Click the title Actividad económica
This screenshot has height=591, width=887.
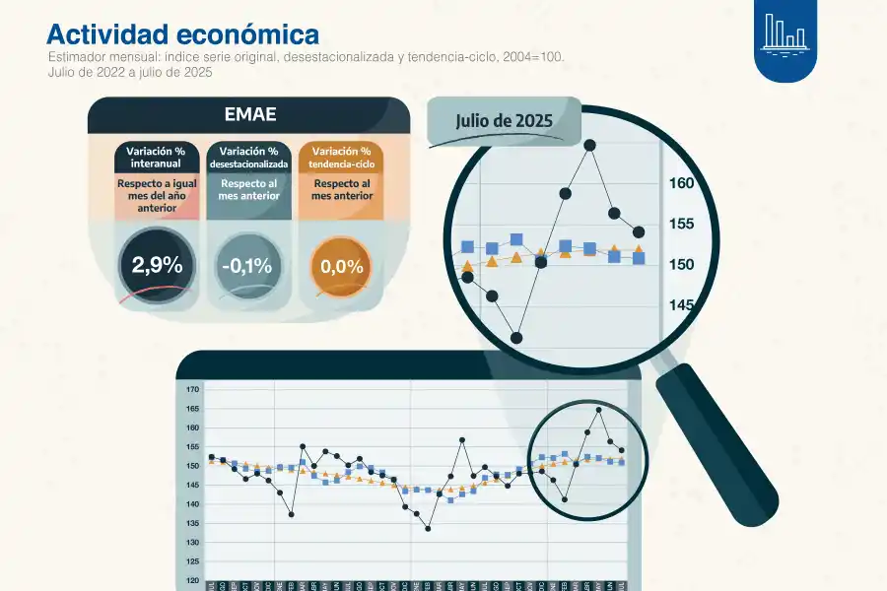coord(182,34)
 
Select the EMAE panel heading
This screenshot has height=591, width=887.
coord(248,115)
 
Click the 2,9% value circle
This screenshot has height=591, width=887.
coord(157,265)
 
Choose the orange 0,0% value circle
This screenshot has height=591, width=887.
coord(341,266)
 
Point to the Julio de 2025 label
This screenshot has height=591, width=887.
coord(503,120)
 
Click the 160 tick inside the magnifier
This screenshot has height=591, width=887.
coord(682,182)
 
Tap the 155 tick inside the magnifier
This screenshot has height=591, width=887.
coord(682,224)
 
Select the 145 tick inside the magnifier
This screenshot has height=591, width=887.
coord(682,305)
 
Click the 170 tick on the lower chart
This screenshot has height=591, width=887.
coord(193,390)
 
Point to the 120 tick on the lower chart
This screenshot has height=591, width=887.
coord(193,581)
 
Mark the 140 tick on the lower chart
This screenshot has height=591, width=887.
coord(193,504)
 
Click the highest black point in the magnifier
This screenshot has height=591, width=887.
coord(590,145)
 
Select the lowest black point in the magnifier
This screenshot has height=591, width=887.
coord(516,337)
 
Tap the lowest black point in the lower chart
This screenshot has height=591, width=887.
coord(428,528)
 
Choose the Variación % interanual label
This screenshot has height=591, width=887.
coord(156,157)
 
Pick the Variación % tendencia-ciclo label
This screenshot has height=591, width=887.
coord(341,157)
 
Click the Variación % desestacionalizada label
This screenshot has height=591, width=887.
coord(248,157)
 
